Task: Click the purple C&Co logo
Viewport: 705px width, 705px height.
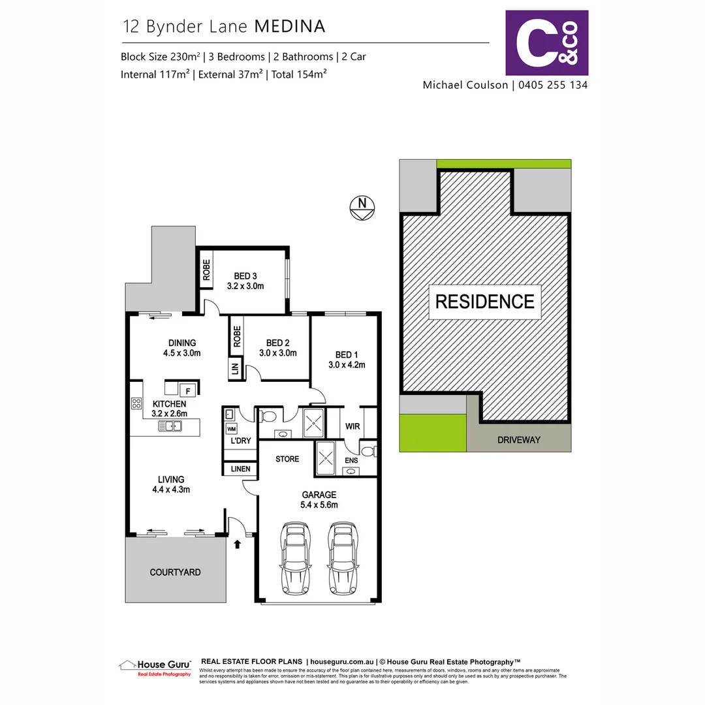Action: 547,43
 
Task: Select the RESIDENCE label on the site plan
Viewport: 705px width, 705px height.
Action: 484,302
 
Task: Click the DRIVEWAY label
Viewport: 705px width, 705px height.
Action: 519,440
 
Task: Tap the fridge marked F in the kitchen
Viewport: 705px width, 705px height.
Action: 189,390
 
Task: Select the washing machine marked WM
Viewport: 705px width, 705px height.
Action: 232,429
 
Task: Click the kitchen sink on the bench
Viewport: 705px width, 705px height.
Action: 173,427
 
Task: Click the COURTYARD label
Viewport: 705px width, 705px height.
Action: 175,572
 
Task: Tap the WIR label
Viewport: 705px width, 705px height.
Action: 353,426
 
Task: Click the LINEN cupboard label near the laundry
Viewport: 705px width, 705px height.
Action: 240,469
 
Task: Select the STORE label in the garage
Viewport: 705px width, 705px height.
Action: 287,459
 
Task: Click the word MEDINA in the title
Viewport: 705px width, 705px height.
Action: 290,27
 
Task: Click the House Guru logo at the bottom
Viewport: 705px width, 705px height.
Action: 155,666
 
